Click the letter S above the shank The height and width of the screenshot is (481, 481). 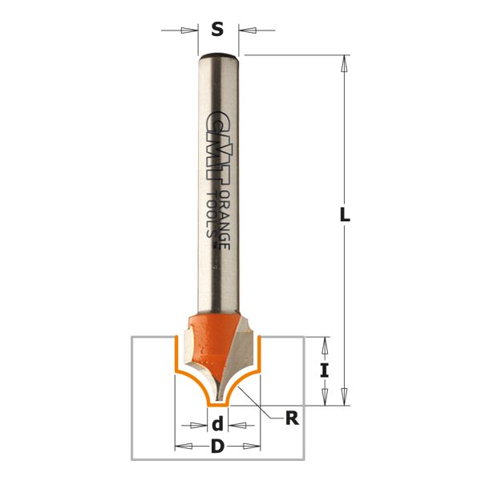click(x=217, y=30)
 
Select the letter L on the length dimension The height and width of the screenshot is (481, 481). click(x=346, y=216)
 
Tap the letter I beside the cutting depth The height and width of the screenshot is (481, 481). click(x=324, y=370)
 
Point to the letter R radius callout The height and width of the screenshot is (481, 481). click(x=293, y=417)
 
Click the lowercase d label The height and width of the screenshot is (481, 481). click(x=217, y=425)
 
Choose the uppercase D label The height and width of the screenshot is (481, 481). click(x=217, y=447)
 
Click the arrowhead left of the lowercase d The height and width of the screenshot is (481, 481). click(x=200, y=425)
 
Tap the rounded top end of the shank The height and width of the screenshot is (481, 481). click(x=218, y=57)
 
